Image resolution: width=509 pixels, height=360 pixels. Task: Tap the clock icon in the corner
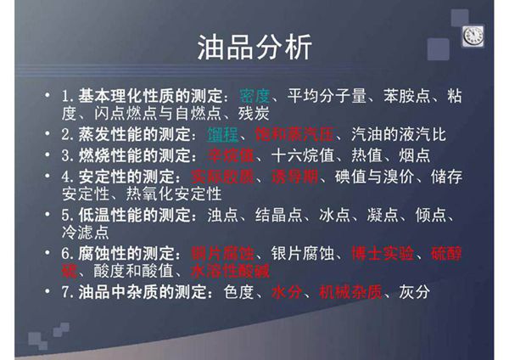[x=472, y=35]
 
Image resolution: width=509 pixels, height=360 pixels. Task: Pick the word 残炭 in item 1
[x=257, y=112]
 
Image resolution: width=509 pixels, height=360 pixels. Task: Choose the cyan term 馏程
[x=222, y=134]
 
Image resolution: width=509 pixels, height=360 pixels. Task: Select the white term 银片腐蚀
[x=301, y=253]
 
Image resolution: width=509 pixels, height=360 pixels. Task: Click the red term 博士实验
[x=383, y=253]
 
